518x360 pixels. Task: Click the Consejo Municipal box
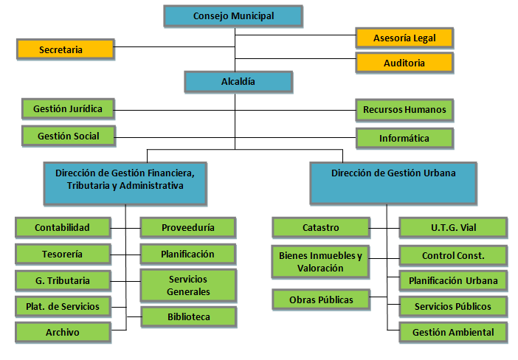[x=233, y=16]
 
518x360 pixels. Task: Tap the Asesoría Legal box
[x=404, y=38]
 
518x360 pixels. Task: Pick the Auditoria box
[x=404, y=63]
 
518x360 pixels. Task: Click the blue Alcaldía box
[x=238, y=81]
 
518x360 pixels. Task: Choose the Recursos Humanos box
[x=404, y=110]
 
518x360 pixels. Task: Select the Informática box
[x=404, y=138]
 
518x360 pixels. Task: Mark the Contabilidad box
[x=62, y=227]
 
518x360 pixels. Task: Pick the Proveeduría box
[x=187, y=227]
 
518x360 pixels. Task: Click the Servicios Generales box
[x=187, y=285]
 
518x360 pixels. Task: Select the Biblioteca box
[x=187, y=317]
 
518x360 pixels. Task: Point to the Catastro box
[x=320, y=227]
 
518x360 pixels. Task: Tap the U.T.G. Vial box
[x=452, y=227]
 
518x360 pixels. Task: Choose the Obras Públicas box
[x=320, y=300]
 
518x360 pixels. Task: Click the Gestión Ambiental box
[x=452, y=332]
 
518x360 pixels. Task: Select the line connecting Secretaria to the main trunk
[x=174, y=49]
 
